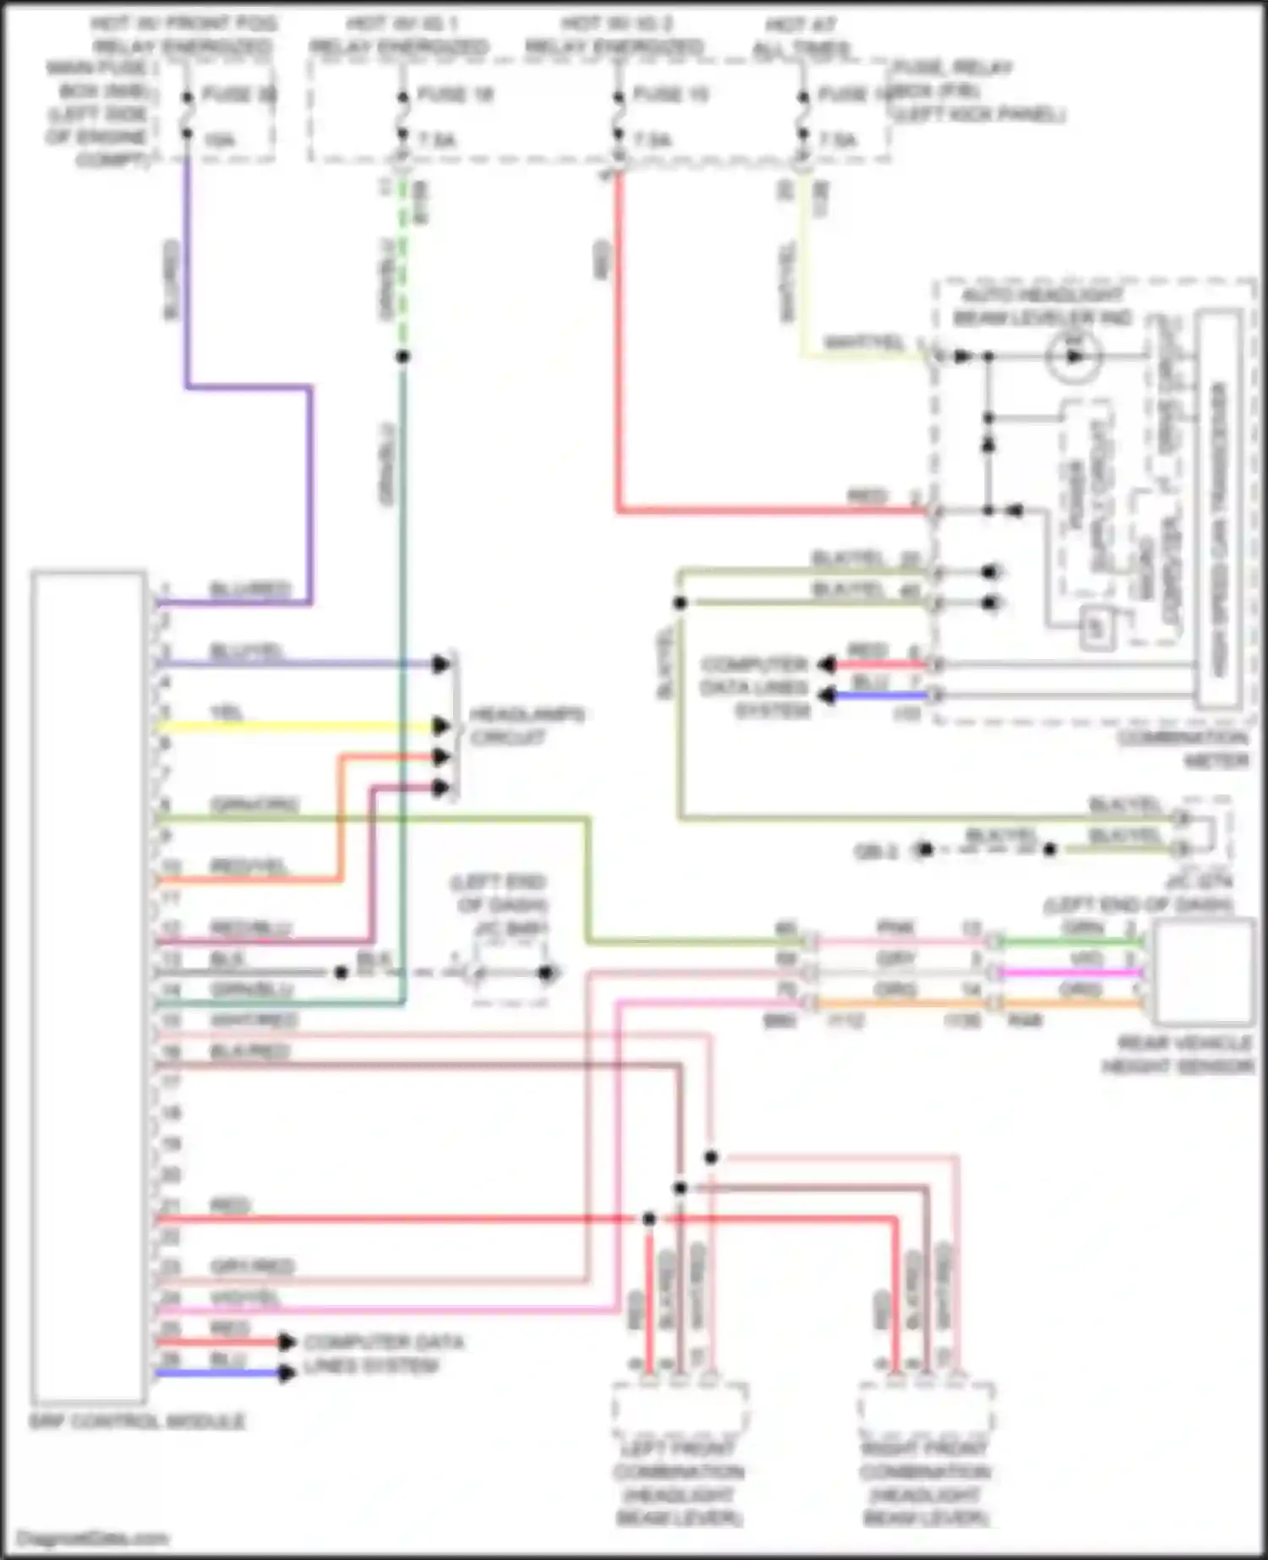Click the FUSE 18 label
pyautogui.click(x=455, y=94)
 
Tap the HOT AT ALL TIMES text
pyautogui.click(x=801, y=37)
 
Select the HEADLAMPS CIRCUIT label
pyautogui.click(x=526, y=726)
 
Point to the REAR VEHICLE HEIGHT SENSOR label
pyautogui.click(x=1178, y=1055)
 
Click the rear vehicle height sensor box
pyautogui.click(x=1202, y=972)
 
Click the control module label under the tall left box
pyautogui.click(x=137, y=1421)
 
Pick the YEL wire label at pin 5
pyautogui.click(x=227, y=713)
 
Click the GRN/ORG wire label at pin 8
pyautogui.click(x=254, y=805)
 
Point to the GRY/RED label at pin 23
pyautogui.click(x=252, y=1266)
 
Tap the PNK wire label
pyautogui.click(x=895, y=928)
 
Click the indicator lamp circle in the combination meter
pyautogui.click(x=1073, y=356)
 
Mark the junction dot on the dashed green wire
pyautogui.click(x=403, y=357)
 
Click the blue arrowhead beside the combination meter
pyautogui.click(x=827, y=695)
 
